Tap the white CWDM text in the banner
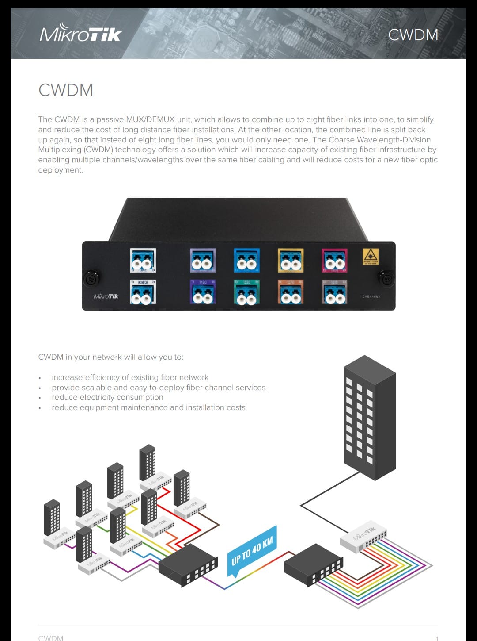[413, 35]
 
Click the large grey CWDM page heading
[66, 90]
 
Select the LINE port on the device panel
[143, 261]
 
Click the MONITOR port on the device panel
[143, 292]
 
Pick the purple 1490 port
[203, 292]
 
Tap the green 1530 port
[246, 292]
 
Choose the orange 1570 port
[290, 292]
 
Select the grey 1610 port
[334, 292]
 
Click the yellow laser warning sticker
[371, 257]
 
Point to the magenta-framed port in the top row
[334, 261]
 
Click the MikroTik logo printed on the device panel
[106, 296]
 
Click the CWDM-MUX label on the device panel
[371, 296]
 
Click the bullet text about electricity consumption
[107, 397]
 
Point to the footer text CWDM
[51, 637]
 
